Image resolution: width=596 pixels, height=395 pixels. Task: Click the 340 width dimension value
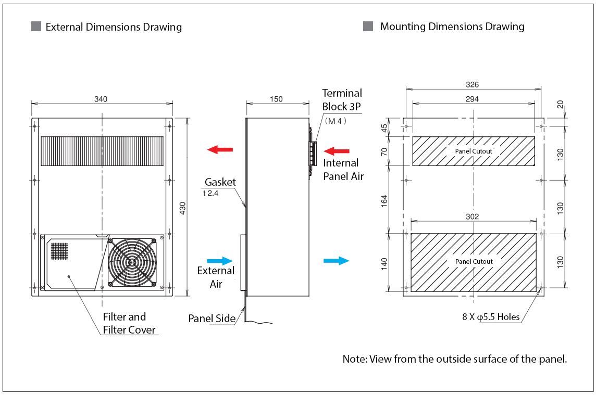point(101,99)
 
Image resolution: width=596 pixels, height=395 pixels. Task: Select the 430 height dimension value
point(182,207)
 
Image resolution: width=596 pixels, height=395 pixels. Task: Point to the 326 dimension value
point(473,84)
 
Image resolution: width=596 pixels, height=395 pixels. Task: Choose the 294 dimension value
point(473,98)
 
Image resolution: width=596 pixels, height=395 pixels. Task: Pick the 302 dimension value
point(473,216)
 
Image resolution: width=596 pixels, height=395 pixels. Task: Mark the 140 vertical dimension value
point(385,263)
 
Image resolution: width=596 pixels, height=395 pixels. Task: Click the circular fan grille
point(132,263)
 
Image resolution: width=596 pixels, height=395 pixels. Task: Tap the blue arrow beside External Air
point(220,261)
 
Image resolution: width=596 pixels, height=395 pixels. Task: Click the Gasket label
point(220,182)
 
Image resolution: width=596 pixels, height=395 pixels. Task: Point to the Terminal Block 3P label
point(342,99)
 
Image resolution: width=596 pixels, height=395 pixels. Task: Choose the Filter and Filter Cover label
point(125,323)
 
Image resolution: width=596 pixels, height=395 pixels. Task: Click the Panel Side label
point(212,318)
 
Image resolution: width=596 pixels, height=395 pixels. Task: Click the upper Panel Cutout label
point(473,151)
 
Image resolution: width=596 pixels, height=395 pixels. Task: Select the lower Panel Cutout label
point(473,261)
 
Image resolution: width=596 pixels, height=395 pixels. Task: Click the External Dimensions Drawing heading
point(114,27)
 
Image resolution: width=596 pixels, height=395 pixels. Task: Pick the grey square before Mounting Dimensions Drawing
point(368,27)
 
